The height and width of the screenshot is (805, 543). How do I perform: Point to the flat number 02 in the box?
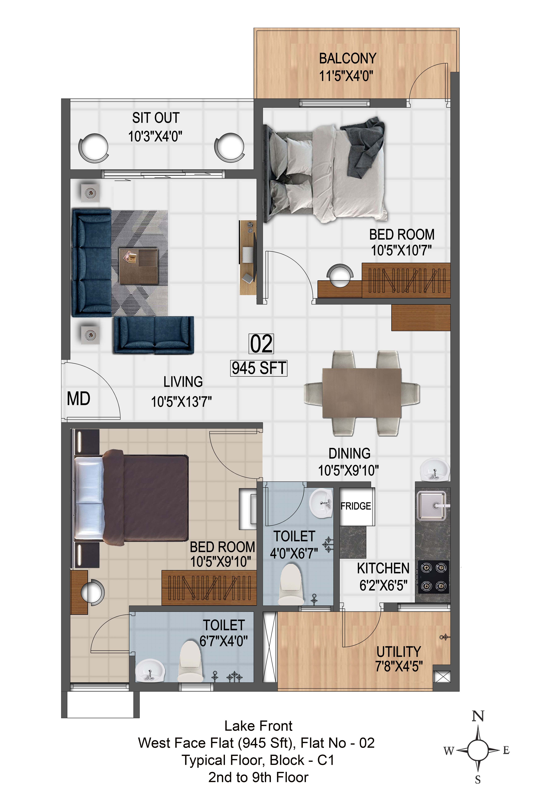click(x=261, y=344)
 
